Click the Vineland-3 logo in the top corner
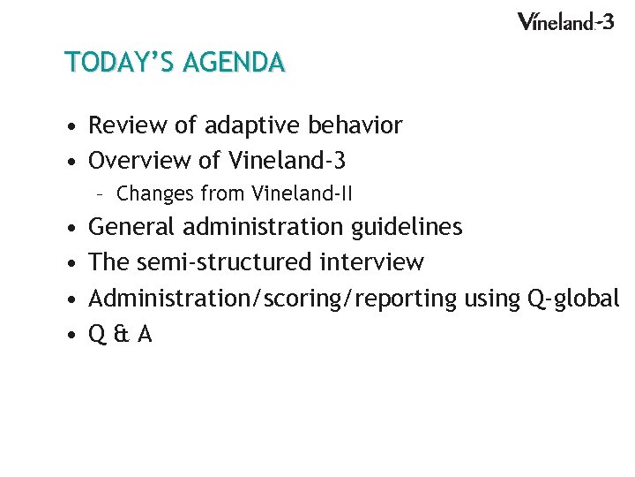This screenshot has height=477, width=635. (x=564, y=21)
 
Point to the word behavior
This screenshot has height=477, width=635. (x=355, y=126)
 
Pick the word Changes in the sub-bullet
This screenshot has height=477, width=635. (x=155, y=193)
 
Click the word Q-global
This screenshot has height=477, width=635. (x=573, y=299)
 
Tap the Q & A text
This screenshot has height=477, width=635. (x=121, y=335)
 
